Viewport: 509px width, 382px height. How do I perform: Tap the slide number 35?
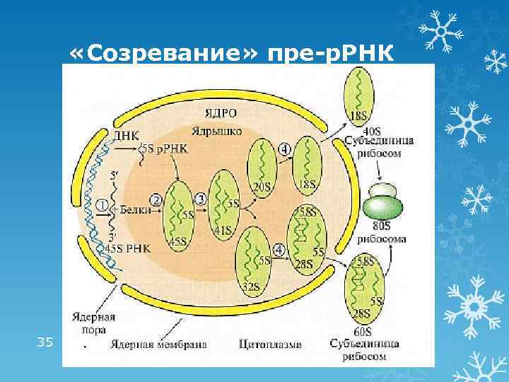(45, 342)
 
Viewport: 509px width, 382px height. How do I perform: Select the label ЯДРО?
(221, 114)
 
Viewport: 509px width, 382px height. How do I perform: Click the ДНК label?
(126, 135)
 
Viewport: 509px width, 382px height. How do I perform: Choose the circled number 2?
(156, 201)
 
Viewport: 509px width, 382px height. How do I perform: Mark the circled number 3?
(201, 199)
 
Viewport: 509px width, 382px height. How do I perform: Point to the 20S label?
(262, 187)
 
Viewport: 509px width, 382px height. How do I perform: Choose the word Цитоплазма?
(270, 345)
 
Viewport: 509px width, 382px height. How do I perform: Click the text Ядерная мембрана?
(158, 345)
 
